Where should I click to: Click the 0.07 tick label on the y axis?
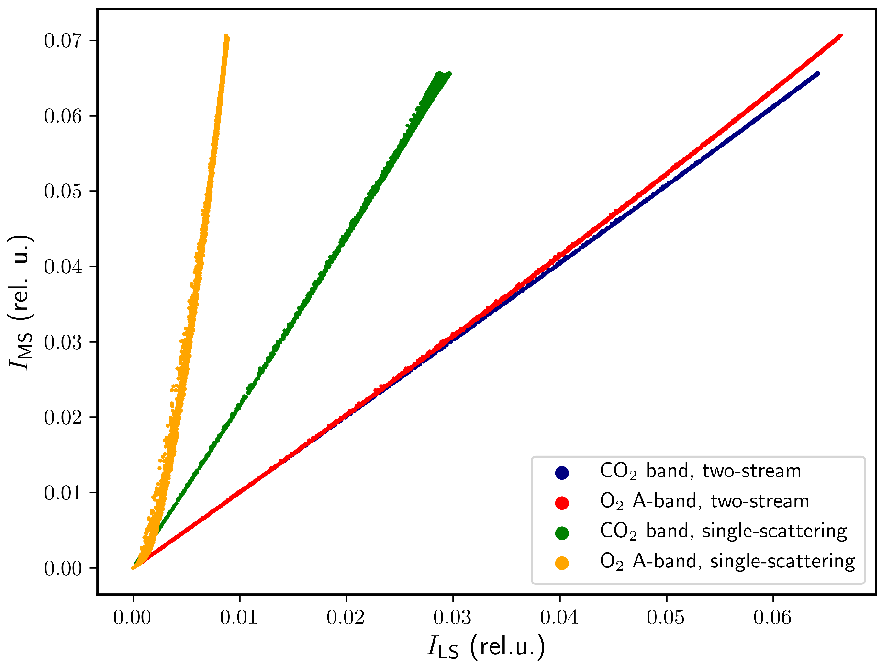click(63, 41)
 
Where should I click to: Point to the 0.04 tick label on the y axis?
click(63, 267)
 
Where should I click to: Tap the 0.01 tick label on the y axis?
click(63, 493)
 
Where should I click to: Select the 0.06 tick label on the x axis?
click(772, 617)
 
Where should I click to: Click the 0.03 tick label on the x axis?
click(452, 617)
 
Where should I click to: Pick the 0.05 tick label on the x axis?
click(666, 617)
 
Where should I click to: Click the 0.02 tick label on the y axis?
click(63, 418)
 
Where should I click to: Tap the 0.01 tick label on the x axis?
click(239, 617)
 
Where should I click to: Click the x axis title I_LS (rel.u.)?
click(486, 647)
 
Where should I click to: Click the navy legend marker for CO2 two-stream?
click(562, 473)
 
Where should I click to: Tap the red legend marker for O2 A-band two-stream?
click(562, 502)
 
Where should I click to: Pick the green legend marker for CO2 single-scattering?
click(562, 532)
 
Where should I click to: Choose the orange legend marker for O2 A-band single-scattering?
click(562, 563)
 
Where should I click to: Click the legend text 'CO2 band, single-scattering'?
click(723, 531)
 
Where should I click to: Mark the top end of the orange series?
click(226, 36)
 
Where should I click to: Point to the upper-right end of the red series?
click(840, 35)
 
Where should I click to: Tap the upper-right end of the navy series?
click(817, 74)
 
